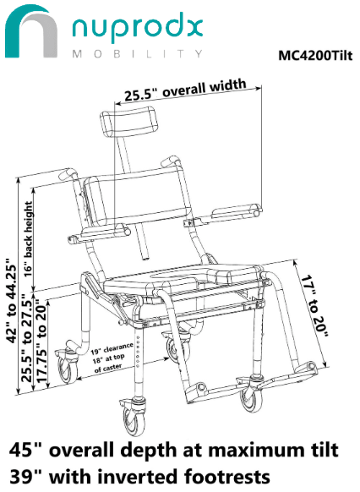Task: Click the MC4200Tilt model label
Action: coord(315,56)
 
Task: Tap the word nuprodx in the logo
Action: coord(137,28)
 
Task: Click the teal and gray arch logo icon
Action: coord(31,31)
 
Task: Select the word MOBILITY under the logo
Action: coord(138,53)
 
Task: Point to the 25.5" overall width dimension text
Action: coord(185,90)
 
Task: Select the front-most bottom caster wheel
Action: coord(134,418)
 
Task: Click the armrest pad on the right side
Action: coord(236,210)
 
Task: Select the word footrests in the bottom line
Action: coord(226,477)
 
